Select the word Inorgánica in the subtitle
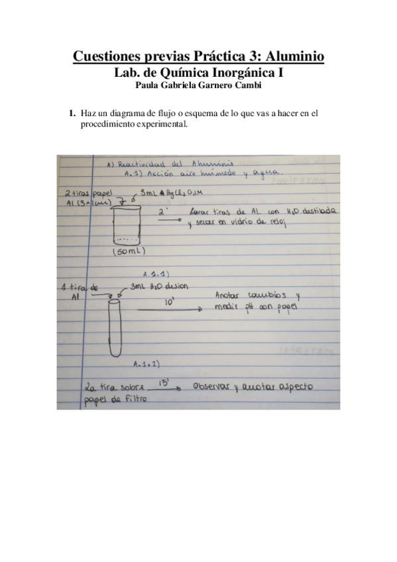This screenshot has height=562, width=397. (x=229, y=72)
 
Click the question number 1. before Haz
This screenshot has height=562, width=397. (x=73, y=115)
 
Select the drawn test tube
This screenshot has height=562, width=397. (x=115, y=328)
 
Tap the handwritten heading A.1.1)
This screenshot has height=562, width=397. (x=154, y=274)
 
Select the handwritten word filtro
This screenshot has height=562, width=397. (x=133, y=400)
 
